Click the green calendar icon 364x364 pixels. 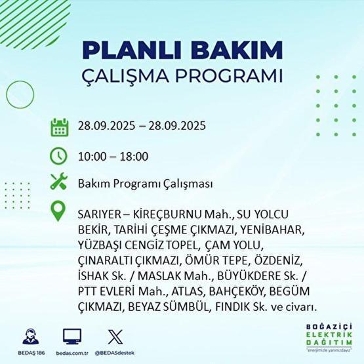(x=59, y=127)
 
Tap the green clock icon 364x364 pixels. (x=59, y=156)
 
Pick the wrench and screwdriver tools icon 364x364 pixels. (x=59, y=184)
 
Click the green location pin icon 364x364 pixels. (x=59, y=212)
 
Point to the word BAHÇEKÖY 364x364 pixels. (x=256, y=291)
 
